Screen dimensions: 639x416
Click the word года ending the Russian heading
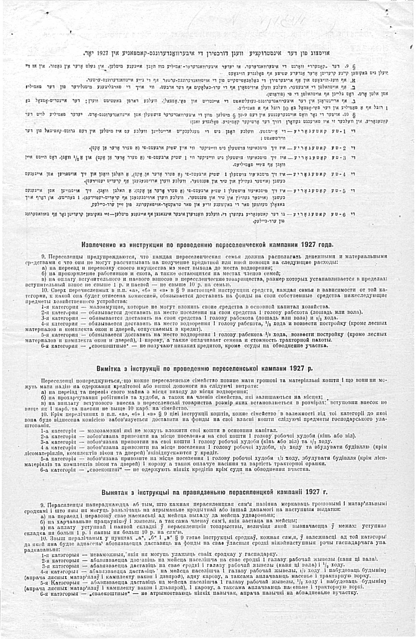click(x=324, y=245)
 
